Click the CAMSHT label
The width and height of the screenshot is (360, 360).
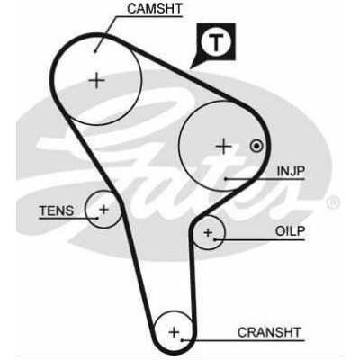click(155, 8)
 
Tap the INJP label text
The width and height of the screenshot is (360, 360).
click(291, 171)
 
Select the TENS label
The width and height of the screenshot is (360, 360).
click(57, 211)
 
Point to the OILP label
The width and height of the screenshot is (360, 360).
click(290, 231)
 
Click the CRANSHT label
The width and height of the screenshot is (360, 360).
click(269, 332)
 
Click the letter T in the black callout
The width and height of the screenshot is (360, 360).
click(216, 42)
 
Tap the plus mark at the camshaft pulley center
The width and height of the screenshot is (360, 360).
click(97, 80)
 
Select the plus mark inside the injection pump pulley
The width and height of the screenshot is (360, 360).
click(224, 147)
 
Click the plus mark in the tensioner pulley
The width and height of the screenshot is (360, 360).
click(104, 209)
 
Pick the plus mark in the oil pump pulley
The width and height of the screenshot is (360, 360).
click(208, 232)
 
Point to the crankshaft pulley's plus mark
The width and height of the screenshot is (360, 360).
click(174, 332)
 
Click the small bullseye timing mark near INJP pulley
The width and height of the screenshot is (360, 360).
click(256, 147)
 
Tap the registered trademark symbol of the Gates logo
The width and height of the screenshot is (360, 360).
click(333, 202)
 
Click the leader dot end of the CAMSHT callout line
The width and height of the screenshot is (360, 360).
click(95, 51)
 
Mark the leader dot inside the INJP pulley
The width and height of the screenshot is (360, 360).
click(225, 179)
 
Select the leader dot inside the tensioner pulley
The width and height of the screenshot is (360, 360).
click(97, 218)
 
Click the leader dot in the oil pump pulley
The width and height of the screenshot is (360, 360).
click(215, 239)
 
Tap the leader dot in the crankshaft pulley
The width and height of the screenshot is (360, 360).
click(182, 340)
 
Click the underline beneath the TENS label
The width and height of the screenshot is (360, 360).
click(68, 218)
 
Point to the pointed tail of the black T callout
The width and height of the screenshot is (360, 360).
click(191, 67)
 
